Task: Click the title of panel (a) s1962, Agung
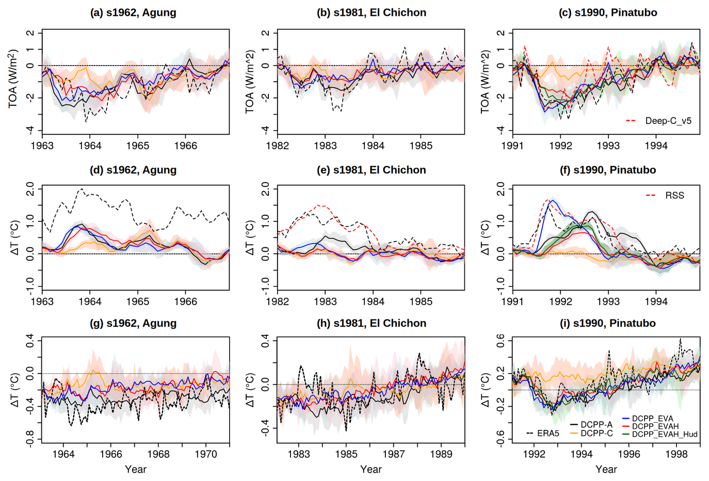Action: click(133, 13)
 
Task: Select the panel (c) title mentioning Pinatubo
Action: click(608, 13)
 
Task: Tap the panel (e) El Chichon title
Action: click(372, 170)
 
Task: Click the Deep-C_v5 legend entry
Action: click(668, 121)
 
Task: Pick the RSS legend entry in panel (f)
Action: click(674, 196)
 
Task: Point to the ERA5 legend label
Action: click(548, 434)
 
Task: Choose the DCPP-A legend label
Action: click(597, 424)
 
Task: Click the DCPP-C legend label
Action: click(597, 434)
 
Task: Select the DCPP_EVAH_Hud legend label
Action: click(665, 435)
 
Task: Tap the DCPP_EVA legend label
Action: click(653, 419)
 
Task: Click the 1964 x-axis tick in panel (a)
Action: click(90, 146)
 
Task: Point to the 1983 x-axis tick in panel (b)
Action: click(325, 146)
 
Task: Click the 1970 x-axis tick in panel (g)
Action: click(206, 454)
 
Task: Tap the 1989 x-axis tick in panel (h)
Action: click(441, 454)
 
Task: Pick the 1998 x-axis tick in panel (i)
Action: click(676, 454)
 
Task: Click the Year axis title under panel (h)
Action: click(371, 469)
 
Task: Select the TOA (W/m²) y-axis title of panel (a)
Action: click(13, 78)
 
